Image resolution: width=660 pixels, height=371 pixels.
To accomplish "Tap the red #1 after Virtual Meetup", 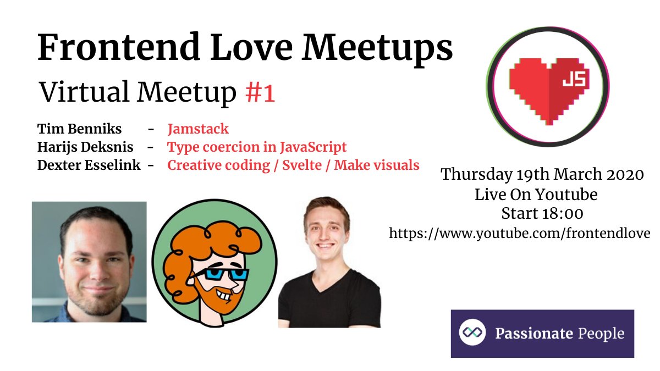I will coord(260,93).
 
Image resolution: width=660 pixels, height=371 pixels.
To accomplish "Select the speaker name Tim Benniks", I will coord(80,129).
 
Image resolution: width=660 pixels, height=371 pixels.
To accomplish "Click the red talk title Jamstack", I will coord(198,129).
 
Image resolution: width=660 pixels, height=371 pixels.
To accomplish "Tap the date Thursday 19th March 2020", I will coord(542,175).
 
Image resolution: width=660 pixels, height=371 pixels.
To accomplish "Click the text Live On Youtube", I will coord(536,195).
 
